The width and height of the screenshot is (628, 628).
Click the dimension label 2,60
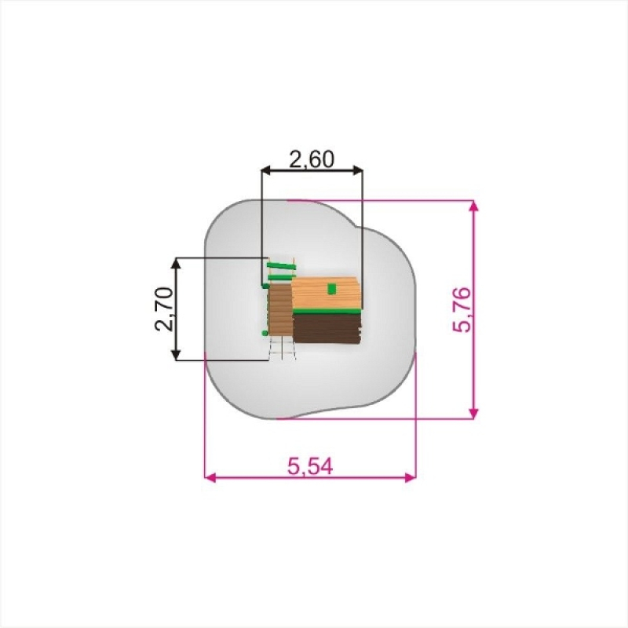pyautogui.click(x=311, y=159)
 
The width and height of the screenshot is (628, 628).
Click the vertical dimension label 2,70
pyautogui.click(x=164, y=309)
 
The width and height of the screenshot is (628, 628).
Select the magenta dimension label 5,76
pyautogui.click(x=462, y=309)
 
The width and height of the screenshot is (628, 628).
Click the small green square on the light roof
pyautogui.click(x=331, y=288)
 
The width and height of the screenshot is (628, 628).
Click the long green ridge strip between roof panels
pyautogui.click(x=326, y=311)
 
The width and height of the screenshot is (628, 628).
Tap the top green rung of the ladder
pyautogui.click(x=281, y=265)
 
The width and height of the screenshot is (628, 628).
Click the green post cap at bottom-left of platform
pyautogui.click(x=265, y=333)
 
